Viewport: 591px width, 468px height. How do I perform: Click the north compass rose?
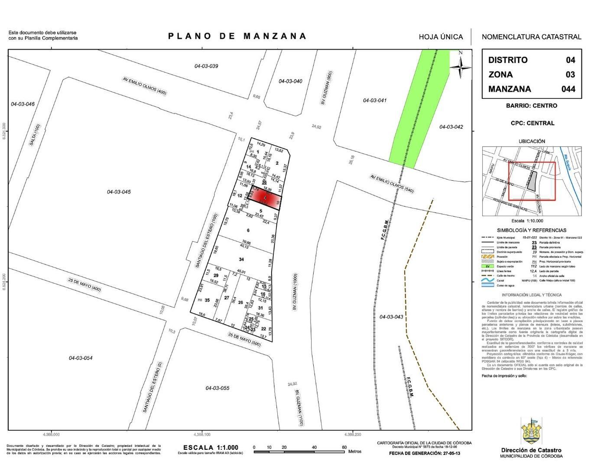pyautogui.click(x=460, y=66)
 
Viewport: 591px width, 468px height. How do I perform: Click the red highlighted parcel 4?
pyautogui.click(x=265, y=198)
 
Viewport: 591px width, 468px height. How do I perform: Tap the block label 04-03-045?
pyautogui.click(x=119, y=192)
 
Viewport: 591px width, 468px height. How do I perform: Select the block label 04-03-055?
pyautogui.click(x=218, y=388)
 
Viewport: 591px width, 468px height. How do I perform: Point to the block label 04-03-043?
pyautogui.click(x=391, y=317)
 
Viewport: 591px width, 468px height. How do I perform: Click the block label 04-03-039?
pyautogui.click(x=206, y=66)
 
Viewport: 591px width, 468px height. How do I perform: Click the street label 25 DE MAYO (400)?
pyautogui.click(x=84, y=284)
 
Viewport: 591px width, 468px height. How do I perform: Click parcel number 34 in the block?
pyautogui.click(x=241, y=259)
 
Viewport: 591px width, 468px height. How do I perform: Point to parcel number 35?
pyautogui.click(x=207, y=300)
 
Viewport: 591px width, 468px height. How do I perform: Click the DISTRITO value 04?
pyautogui.click(x=570, y=60)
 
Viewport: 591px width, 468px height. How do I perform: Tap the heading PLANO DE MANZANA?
pyautogui.click(x=237, y=36)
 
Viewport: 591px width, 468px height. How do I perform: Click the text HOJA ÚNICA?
pyautogui.click(x=441, y=37)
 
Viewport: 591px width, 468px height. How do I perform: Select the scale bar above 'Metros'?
pyautogui.click(x=299, y=452)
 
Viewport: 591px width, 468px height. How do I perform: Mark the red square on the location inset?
pyautogui.click(x=532, y=181)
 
